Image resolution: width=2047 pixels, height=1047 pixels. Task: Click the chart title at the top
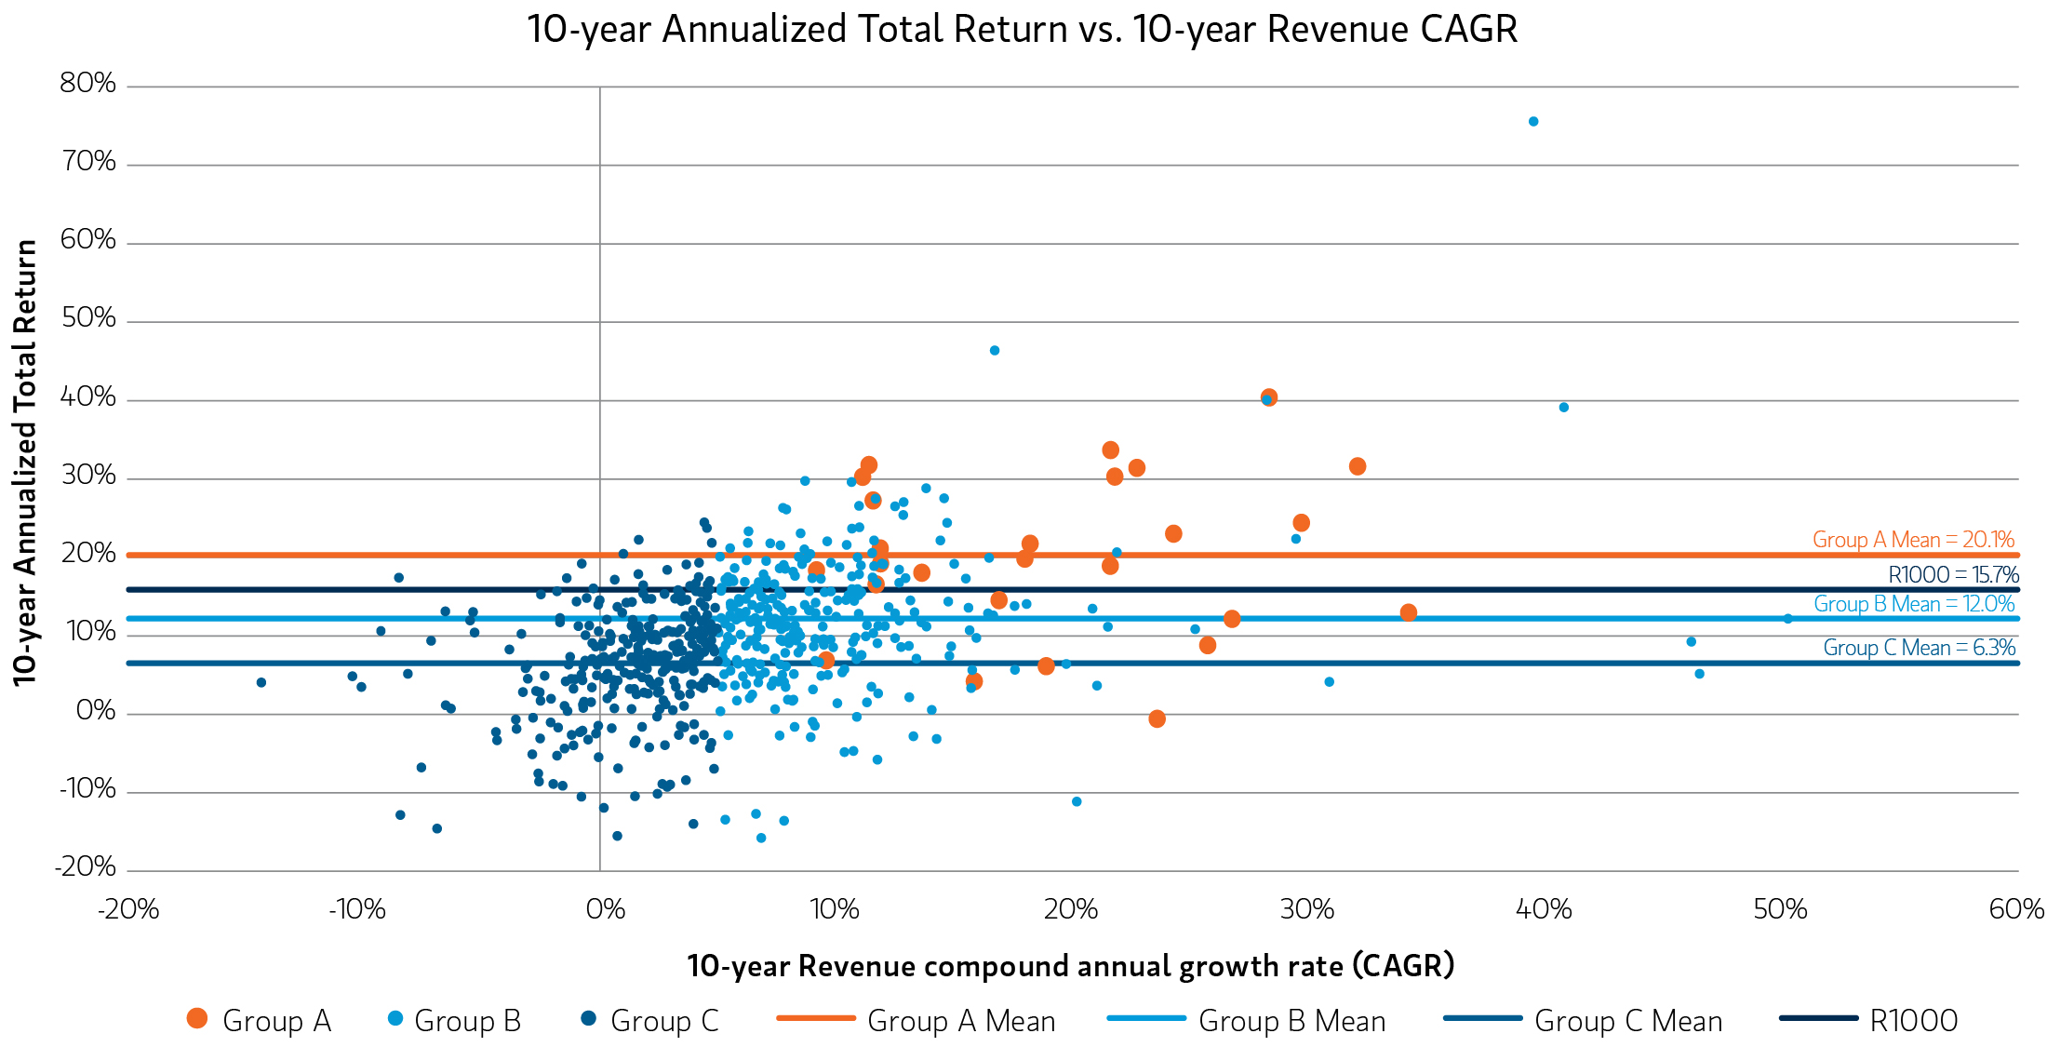(x=1022, y=29)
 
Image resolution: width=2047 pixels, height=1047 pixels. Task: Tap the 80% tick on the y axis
(x=88, y=84)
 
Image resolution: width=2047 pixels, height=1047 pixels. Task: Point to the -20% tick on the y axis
(x=87, y=867)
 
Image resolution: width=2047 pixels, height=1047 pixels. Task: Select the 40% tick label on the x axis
(x=1544, y=909)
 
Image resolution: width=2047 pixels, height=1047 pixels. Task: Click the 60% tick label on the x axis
(x=2016, y=909)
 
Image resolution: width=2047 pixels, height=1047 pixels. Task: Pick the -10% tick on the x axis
(x=357, y=909)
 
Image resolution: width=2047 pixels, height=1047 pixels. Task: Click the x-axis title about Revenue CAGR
(x=1070, y=966)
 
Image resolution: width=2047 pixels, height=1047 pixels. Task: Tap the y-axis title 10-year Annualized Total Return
(x=25, y=463)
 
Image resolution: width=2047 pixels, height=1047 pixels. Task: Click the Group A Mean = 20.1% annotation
(x=1913, y=540)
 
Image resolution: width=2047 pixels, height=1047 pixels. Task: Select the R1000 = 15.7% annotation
(x=1953, y=575)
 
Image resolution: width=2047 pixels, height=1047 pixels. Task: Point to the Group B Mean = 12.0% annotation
(x=1914, y=604)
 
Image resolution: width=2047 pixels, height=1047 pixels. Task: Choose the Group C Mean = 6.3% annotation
(x=1919, y=648)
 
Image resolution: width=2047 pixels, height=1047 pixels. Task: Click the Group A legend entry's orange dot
(x=196, y=1019)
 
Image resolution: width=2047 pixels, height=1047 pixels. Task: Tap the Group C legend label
(x=664, y=1021)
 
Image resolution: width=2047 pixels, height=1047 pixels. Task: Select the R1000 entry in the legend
(x=1913, y=1021)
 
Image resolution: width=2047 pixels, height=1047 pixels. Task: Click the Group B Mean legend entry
(x=1291, y=1021)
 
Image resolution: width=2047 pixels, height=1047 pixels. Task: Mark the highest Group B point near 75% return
(x=1533, y=122)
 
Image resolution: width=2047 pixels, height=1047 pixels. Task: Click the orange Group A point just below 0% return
(x=1157, y=718)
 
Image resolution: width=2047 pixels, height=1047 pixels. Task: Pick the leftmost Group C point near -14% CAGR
(x=261, y=683)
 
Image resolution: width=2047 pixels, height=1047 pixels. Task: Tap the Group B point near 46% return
(x=994, y=351)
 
